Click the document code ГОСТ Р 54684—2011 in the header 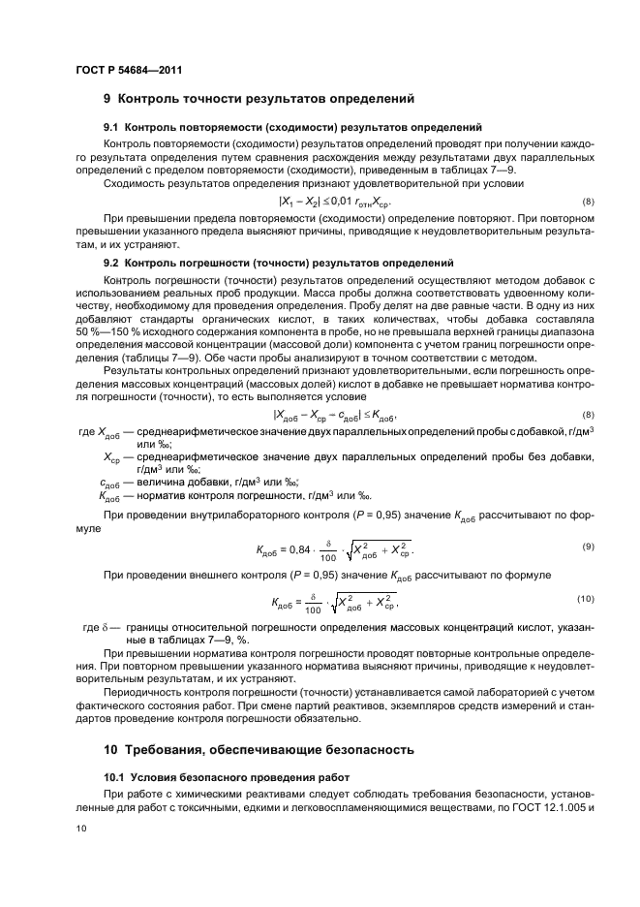tap(128, 71)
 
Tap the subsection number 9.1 tap(112, 128)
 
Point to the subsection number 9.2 tap(112, 263)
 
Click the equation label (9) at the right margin tap(587, 547)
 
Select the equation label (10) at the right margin tap(585, 600)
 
